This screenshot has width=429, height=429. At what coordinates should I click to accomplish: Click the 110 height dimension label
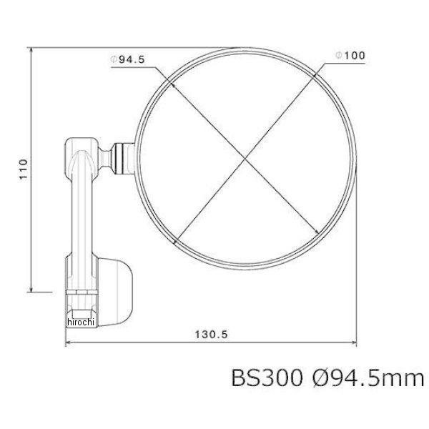23,169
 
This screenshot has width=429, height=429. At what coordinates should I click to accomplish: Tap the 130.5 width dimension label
207,335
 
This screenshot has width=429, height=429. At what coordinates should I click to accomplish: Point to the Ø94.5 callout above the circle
129,60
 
